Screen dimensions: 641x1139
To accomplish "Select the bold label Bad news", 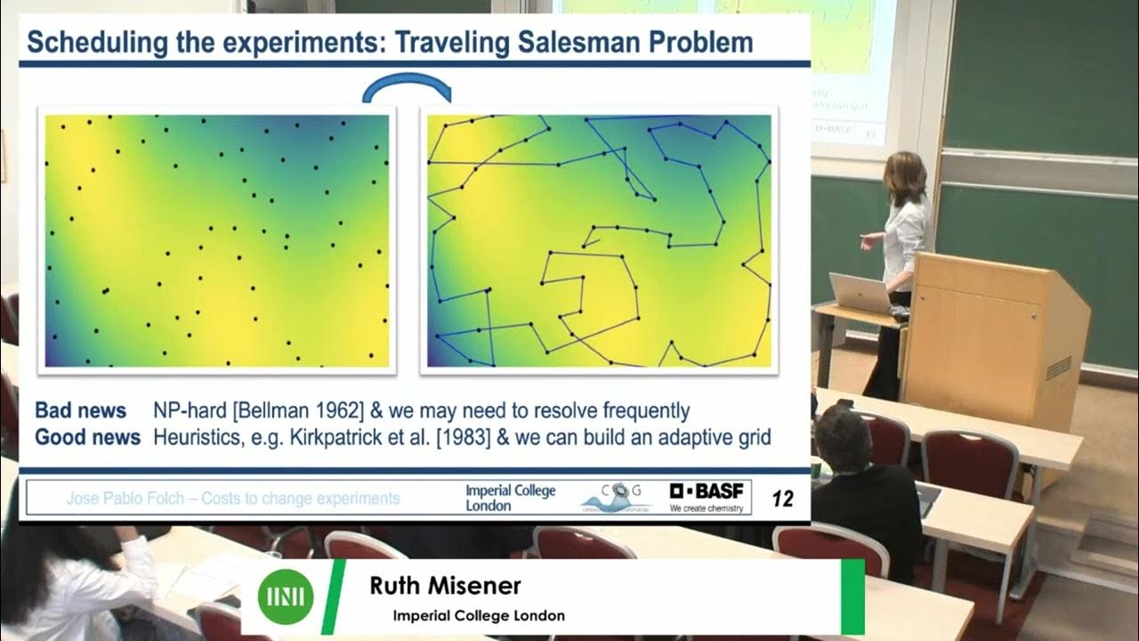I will coord(80,410).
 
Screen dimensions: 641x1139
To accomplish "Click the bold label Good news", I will coord(87,437).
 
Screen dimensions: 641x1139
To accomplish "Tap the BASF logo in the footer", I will coord(709,497).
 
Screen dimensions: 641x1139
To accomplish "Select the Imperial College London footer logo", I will coord(510,498).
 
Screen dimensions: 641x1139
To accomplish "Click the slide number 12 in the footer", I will coord(782,499).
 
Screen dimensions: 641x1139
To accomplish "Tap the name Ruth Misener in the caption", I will coord(445,586).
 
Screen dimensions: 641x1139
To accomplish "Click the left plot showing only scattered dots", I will coord(217,240).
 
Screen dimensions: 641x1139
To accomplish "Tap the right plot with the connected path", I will coord(599,240).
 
